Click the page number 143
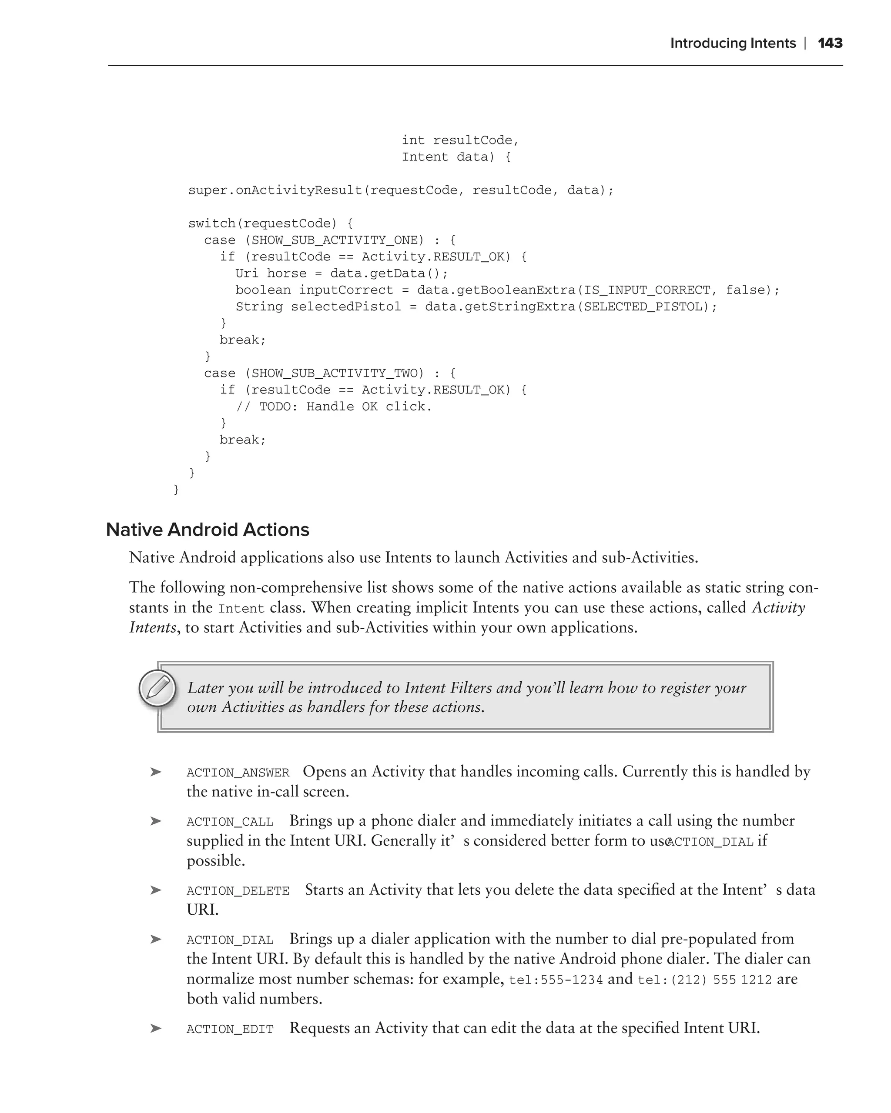coord(830,43)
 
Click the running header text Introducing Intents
coord(733,43)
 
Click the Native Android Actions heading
coord(208,530)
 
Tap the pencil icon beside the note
coord(157,688)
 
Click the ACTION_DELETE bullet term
coord(238,891)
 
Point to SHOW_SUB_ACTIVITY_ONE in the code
coord(334,240)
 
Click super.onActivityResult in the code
coord(275,190)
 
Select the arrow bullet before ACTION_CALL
coord(155,821)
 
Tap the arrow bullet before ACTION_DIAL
coord(155,940)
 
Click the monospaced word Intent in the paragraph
coord(241,609)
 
